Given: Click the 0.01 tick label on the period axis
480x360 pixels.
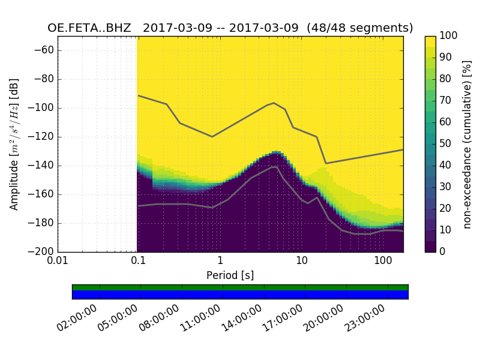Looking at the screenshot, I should [58, 261].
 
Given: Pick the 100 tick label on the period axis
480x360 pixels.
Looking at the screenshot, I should [382, 261].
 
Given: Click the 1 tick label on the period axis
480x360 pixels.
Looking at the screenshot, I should [220, 261].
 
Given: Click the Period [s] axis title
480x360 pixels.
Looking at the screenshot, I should [230, 275].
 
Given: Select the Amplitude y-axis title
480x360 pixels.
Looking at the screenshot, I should [14, 144].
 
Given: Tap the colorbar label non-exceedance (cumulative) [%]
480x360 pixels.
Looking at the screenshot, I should [467, 144].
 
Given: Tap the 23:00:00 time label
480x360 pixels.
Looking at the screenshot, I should [366, 319].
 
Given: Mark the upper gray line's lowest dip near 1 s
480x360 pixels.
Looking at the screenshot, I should [212, 137].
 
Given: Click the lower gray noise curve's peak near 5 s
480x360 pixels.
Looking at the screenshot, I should [275, 167].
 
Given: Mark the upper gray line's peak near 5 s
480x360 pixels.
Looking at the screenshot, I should [274, 103].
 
